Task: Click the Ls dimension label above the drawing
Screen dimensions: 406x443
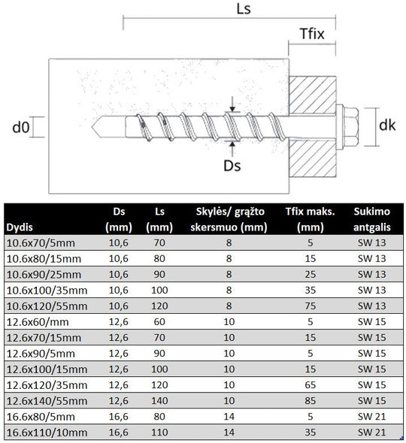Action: point(244,9)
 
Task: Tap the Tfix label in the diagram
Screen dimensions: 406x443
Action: point(312,34)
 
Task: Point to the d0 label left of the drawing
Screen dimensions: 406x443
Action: point(21,127)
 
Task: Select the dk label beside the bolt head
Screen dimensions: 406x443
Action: point(387,125)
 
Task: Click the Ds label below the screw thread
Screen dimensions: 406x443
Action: point(232,165)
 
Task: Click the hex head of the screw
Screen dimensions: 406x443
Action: point(351,127)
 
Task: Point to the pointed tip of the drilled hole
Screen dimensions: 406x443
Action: point(92,127)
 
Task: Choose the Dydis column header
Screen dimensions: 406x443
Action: point(20,228)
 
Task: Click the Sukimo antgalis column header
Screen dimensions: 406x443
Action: point(371,219)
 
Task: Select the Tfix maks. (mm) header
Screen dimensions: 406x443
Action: point(310,219)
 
